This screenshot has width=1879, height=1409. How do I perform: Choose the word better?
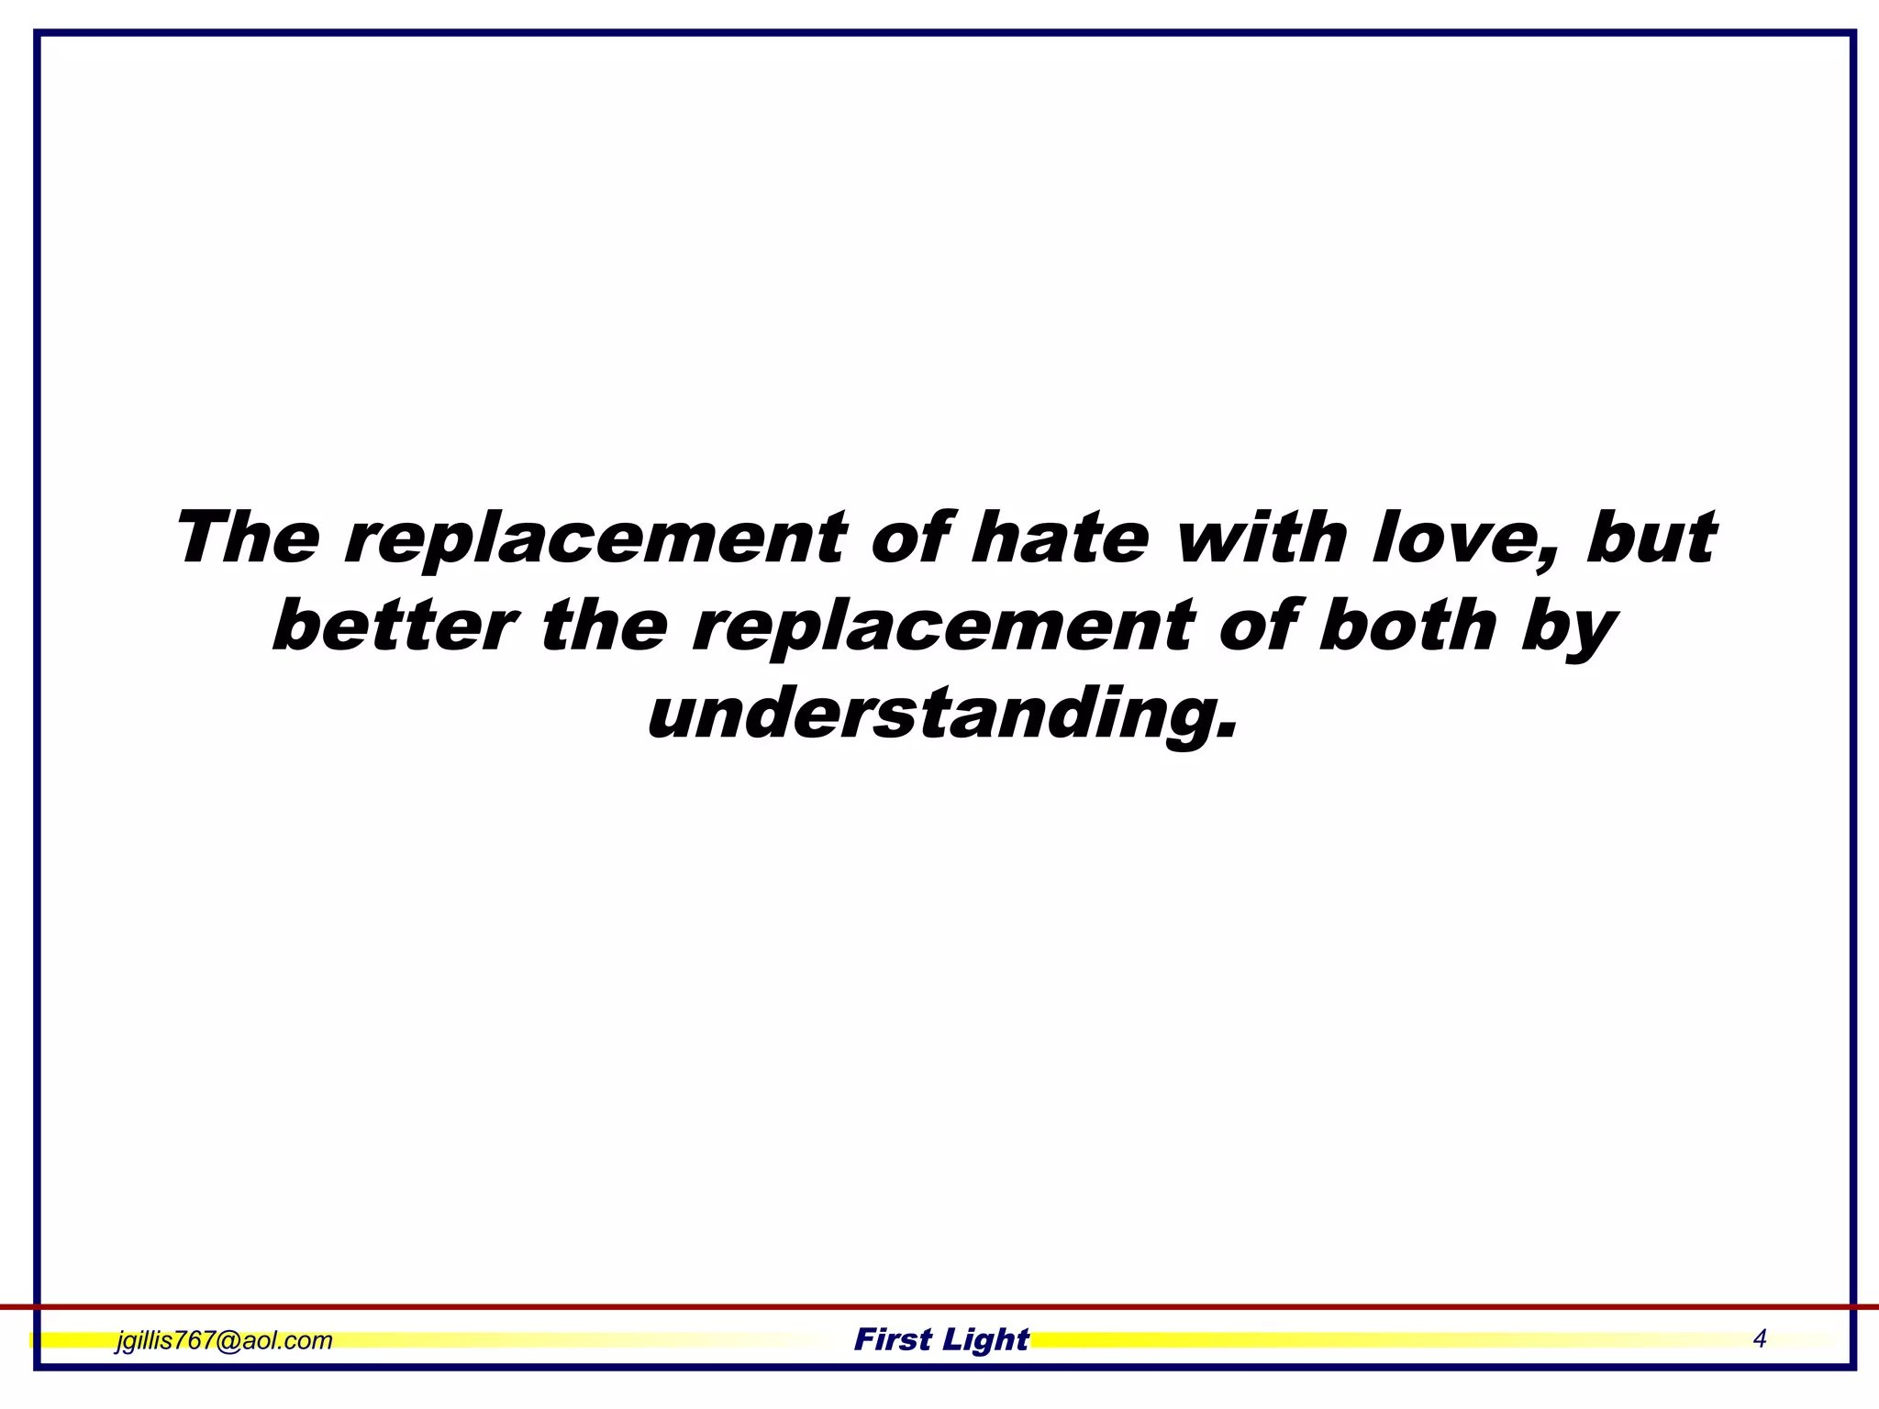tap(394, 627)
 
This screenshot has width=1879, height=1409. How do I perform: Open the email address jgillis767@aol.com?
tap(224, 1340)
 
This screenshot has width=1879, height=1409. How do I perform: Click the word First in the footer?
tap(893, 1340)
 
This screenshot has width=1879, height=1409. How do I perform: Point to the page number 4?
tap(1759, 1339)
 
